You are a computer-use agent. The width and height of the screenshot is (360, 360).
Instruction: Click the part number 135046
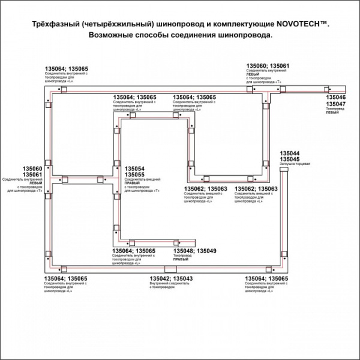click(x=336, y=97)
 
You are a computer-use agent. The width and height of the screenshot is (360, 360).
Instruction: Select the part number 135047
click(x=336, y=103)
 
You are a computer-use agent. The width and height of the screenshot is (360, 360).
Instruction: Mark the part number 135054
click(x=134, y=169)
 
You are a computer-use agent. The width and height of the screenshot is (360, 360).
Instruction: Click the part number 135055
click(x=134, y=175)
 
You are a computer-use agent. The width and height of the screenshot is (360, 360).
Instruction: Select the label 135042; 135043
click(x=170, y=278)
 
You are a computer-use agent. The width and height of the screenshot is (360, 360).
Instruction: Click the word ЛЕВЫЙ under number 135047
click(x=332, y=112)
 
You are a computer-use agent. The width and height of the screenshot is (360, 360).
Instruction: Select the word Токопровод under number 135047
click(x=335, y=109)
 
